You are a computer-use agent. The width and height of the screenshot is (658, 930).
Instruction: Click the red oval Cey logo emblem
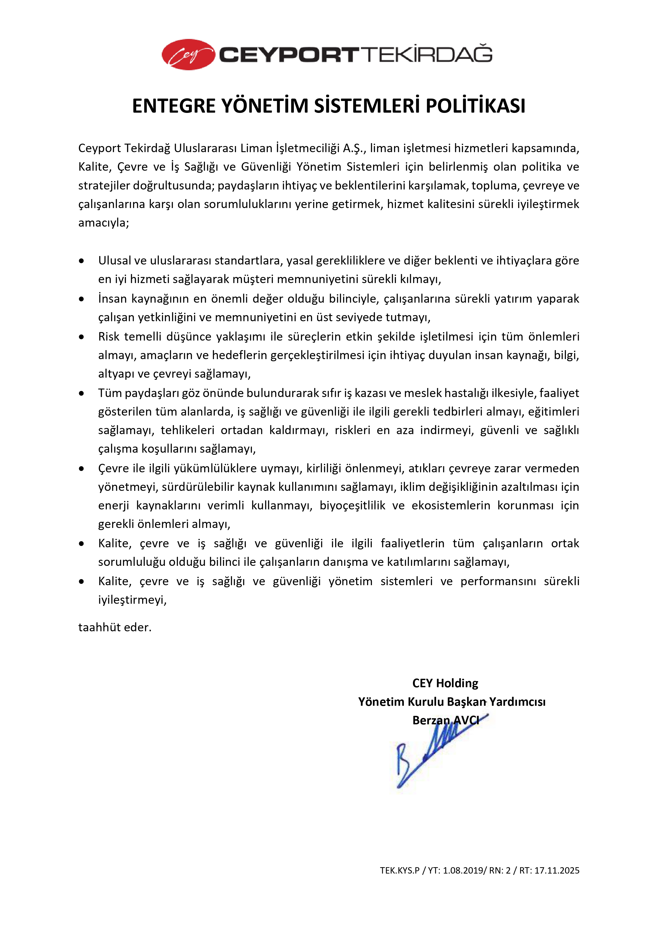tap(188, 55)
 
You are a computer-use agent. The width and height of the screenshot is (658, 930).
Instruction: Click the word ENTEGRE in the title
tap(175, 106)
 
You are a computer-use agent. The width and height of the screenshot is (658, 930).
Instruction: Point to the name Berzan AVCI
tap(445, 720)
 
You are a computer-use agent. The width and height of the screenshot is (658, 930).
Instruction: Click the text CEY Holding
tap(445, 683)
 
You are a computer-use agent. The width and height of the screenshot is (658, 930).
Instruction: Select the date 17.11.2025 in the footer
tap(557, 870)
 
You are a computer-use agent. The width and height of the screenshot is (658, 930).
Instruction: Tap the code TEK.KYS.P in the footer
tap(399, 870)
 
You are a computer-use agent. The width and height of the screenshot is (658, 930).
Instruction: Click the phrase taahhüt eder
tap(115, 627)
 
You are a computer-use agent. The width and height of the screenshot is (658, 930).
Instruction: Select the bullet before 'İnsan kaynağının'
tap(82, 299)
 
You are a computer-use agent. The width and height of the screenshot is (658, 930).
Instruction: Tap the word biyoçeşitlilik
tap(352, 505)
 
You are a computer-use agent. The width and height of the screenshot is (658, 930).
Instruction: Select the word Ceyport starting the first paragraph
tap(100, 148)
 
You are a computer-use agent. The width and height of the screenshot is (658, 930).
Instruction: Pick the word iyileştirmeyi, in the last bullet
tap(132, 600)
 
